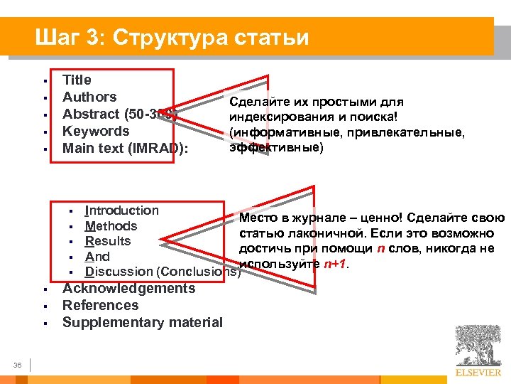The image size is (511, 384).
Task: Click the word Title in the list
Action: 77,80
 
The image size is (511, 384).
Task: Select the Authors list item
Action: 89,97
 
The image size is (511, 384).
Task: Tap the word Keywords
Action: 96,131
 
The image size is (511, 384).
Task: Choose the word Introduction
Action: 121,210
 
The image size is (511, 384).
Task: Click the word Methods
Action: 111,226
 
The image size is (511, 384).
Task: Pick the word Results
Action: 108,241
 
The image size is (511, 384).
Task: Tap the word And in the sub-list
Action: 97,257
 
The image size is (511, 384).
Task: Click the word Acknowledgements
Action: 128,289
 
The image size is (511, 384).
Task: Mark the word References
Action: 100,306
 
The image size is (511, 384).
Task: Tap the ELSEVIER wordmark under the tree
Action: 479,372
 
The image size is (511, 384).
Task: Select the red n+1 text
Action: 335,265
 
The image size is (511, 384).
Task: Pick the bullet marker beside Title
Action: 45,81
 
